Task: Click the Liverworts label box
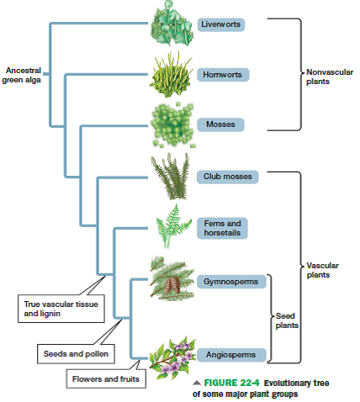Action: [x=221, y=24]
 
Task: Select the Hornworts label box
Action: [x=221, y=75]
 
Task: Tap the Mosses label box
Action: [x=220, y=124]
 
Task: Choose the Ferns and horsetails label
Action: [x=222, y=227]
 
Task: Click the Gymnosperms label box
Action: [x=232, y=279]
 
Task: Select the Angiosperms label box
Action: [x=230, y=355]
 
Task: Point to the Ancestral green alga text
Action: [x=22, y=75]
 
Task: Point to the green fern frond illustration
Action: [x=172, y=222]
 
